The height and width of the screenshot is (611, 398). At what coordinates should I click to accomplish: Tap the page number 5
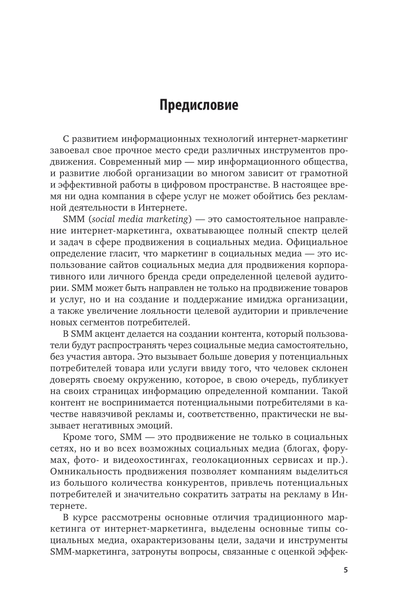point(346,570)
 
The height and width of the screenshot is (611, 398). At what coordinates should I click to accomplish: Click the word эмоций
point(155,426)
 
